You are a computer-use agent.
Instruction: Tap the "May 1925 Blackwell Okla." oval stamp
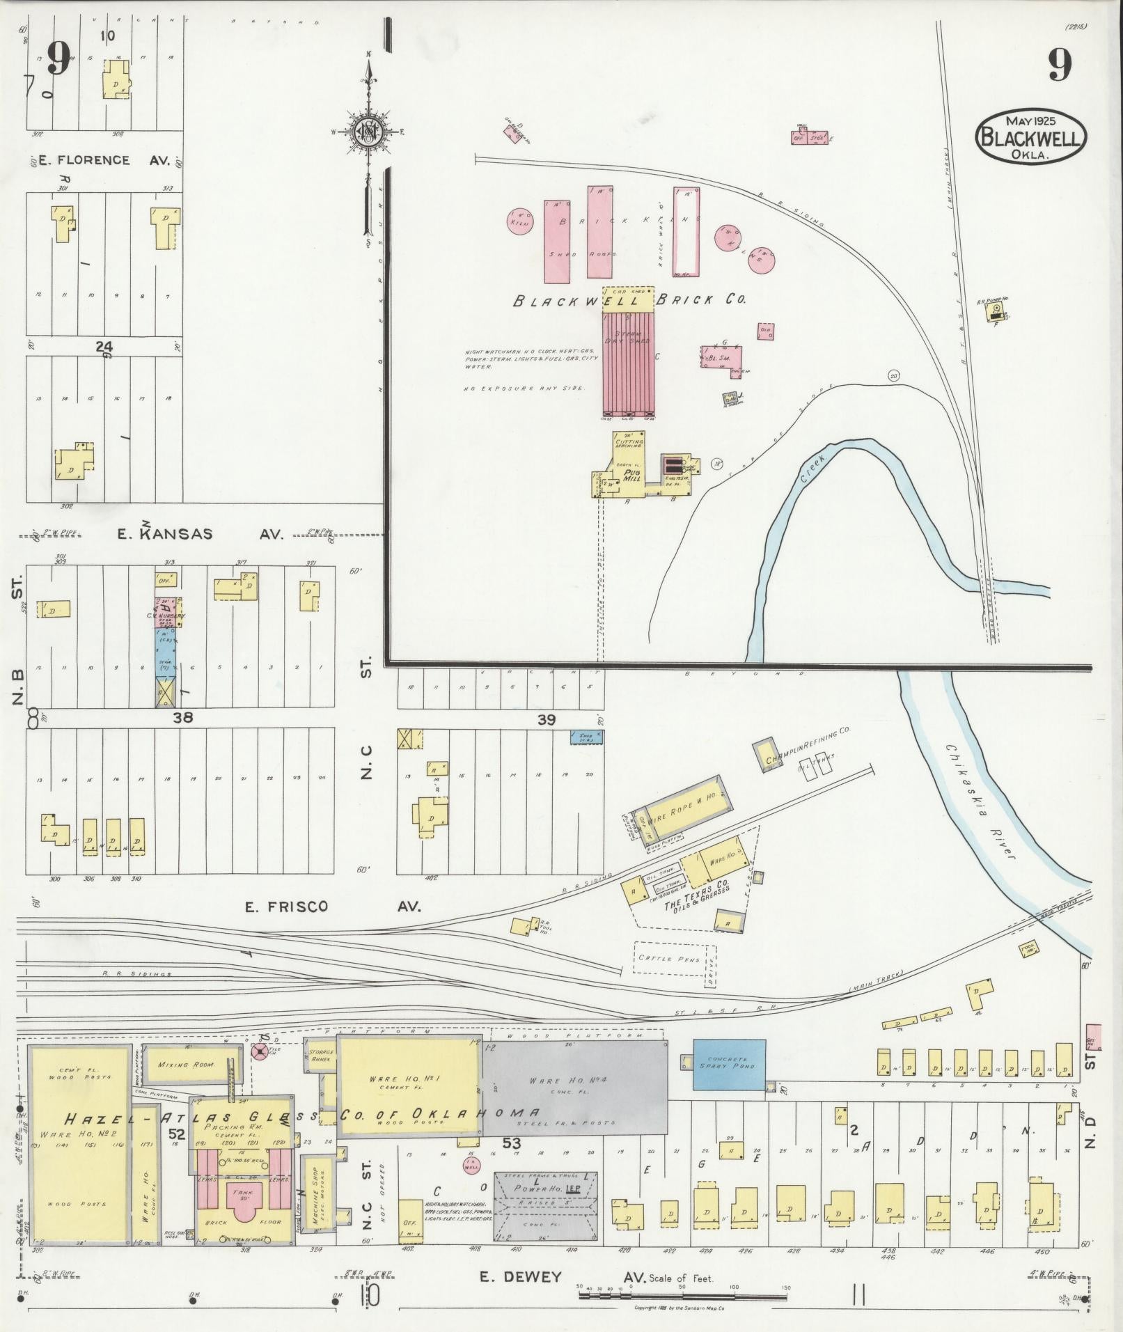pos(1031,136)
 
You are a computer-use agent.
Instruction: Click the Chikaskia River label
pos(982,801)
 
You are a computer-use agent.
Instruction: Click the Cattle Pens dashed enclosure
pos(675,959)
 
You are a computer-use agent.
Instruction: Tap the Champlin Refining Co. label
pos(808,746)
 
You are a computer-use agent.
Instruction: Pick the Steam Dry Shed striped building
pos(628,362)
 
